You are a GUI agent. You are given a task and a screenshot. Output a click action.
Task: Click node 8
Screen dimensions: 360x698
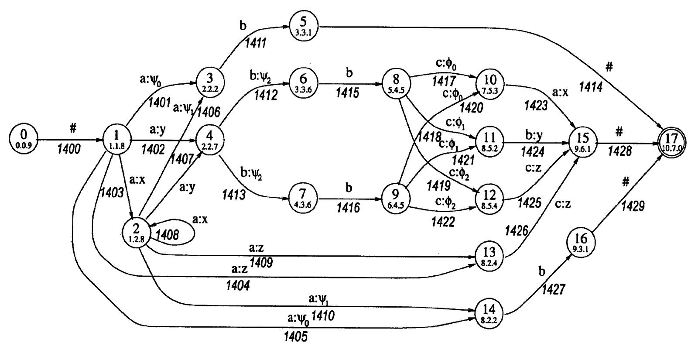pos(396,82)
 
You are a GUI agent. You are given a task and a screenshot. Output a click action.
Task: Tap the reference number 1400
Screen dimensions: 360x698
pos(69,150)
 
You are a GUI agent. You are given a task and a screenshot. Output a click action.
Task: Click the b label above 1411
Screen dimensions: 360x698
pos(243,25)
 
